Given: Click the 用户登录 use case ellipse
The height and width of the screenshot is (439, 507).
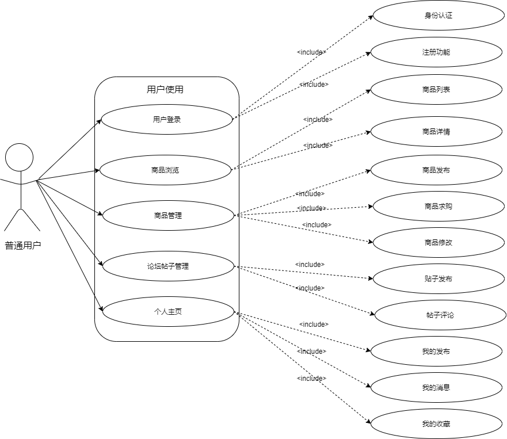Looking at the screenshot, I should [167, 120].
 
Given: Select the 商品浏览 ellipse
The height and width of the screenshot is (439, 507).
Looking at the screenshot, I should [165, 170].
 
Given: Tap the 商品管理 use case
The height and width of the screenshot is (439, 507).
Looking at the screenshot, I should [167, 216].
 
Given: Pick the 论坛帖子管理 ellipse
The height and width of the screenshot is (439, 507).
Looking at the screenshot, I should [167, 266].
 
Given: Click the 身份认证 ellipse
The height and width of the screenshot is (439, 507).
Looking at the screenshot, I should [438, 16].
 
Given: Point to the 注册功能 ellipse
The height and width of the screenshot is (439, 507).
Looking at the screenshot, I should [436, 52].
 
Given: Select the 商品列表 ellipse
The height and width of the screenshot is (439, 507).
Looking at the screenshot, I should [436, 90].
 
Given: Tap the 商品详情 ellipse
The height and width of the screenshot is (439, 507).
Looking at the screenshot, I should [436, 132].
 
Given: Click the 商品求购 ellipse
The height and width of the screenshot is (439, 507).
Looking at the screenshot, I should [439, 206].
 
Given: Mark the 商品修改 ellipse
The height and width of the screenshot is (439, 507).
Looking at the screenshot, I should [439, 242].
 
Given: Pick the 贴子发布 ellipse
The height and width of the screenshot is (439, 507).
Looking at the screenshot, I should [439, 279].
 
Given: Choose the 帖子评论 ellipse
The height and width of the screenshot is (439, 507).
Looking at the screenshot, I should [440, 315].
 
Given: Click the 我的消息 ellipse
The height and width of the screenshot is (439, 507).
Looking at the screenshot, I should [436, 387].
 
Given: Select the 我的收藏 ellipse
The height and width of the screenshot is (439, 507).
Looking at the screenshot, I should [436, 425].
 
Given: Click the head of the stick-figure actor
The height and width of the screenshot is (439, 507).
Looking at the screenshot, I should [20, 157].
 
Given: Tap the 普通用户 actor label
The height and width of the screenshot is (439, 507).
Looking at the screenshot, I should [23, 246].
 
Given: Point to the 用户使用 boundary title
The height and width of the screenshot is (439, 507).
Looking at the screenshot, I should [165, 89].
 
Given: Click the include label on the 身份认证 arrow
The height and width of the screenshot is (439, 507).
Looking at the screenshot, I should [311, 52].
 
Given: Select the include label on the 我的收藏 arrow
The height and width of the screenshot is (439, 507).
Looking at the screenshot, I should [311, 378].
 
